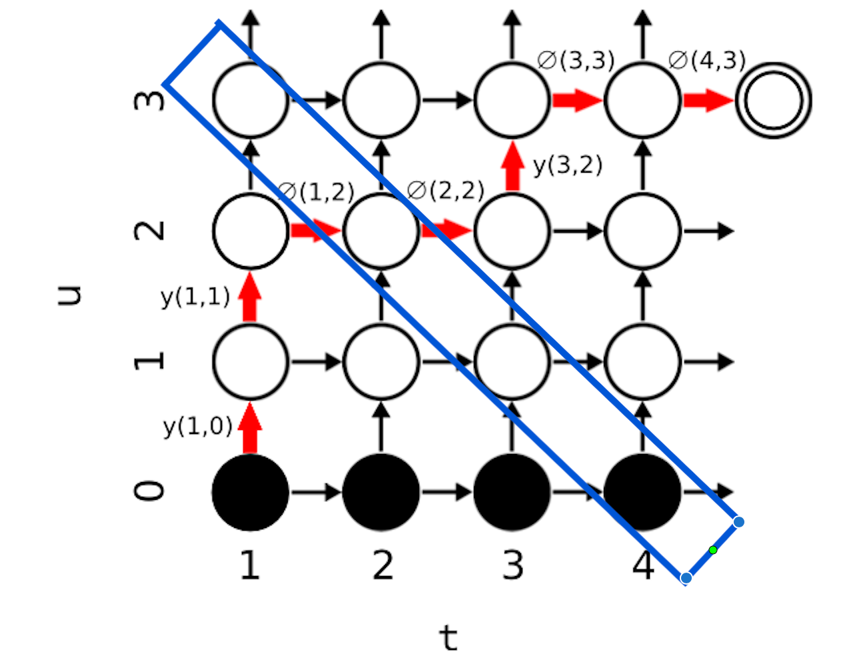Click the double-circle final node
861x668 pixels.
tap(773, 101)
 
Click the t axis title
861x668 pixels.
tap(448, 638)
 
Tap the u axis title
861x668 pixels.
tap(69, 295)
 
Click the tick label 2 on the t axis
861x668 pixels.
tap(383, 566)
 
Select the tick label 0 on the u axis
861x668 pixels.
tap(149, 491)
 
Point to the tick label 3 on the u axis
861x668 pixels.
tap(149, 100)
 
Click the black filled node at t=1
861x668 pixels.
tap(250, 492)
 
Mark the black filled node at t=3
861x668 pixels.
tap(512, 492)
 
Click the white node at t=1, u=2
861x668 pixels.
tap(250, 231)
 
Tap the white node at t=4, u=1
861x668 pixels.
tap(642, 361)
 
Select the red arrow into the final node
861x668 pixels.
tap(708, 101)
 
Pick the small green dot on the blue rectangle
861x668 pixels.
tap(713, 550)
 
